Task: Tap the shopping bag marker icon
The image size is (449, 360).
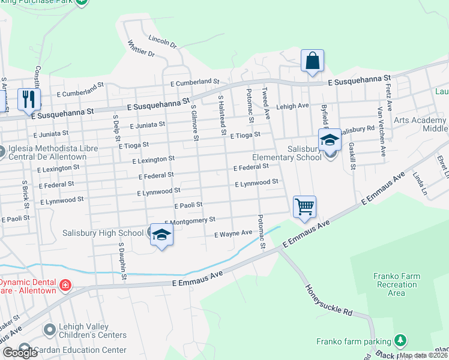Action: click(x=312, y=61)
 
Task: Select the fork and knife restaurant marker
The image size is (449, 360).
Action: click(x=28, y=98)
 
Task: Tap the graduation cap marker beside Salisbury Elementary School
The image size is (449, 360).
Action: click(x=330, y=140)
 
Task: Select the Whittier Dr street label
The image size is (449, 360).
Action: click(x=141, y=49)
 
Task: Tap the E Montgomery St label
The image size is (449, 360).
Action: click(x=190, y=221)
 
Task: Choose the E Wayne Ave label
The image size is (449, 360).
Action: click(x=234, y=233)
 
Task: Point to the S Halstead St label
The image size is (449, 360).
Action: click(x=221, y=113)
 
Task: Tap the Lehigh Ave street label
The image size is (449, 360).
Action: click(x=292, y=106)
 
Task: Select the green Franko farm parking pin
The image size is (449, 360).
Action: click(x=400, y=341)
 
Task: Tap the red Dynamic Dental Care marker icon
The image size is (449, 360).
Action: click(x=65, y=286)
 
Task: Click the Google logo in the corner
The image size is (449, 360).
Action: click(x=20, y=353)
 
